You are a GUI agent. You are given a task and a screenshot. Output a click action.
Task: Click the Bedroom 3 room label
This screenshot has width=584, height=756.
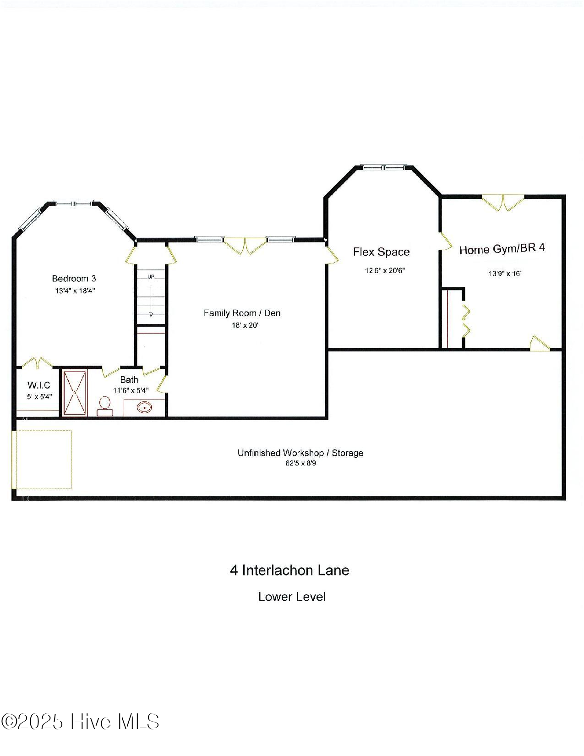click(x=74, y=279)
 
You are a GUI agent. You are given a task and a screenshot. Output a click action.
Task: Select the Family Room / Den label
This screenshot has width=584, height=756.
click(x=242, y=313)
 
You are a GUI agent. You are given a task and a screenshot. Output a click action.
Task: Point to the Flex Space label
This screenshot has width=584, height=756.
click(x=381, y=252)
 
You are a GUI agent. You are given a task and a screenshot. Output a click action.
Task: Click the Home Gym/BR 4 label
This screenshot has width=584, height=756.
click(x=502, y=249)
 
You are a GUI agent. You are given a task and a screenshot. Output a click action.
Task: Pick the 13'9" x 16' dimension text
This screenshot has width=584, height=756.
click(x=505, y=274)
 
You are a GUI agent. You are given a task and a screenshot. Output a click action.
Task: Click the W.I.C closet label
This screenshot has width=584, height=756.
click(x=38, y=385)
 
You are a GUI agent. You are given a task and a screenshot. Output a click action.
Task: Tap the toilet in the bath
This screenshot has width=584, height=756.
click(x=105, y=405)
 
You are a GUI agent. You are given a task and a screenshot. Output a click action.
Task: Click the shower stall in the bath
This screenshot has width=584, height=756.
click(x=74, y=393)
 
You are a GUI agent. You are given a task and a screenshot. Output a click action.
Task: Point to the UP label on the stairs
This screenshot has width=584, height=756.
click(x=151, y=276)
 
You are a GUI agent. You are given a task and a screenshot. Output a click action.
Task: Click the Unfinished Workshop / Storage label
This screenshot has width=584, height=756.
click(x=300, y=453)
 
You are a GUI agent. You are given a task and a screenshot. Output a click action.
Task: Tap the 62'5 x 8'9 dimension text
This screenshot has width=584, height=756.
click(x=300, y=464)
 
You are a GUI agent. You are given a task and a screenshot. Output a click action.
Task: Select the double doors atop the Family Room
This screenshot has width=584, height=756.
click(x=246, y=245)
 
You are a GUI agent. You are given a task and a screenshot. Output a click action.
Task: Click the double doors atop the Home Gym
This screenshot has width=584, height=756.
click(x=503, y=203)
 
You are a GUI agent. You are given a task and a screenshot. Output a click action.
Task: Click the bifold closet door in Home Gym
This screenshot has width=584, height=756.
click(x=466, y=320)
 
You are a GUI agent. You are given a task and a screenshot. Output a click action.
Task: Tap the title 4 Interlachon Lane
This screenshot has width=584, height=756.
click(x=289, y=570)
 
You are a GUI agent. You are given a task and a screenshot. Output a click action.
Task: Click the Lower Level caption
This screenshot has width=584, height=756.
click(x=292, y=597)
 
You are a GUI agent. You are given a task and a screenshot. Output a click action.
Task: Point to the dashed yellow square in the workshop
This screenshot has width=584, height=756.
click(x=44, y=460)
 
